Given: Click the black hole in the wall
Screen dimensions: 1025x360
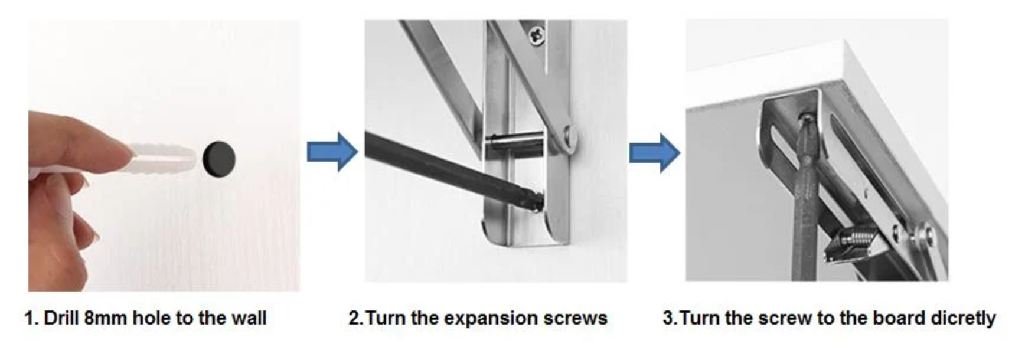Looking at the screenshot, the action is pos(218,158).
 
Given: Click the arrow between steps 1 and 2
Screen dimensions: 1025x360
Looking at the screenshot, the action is pos(332,152).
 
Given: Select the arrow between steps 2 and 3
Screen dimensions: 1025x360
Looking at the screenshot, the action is pos(654,153).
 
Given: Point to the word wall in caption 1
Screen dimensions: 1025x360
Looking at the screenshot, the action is pos(249,318).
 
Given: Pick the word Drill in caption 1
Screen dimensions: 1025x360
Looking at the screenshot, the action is pos(61,318).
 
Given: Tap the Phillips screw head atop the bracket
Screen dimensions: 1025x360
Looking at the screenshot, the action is pos(537,35).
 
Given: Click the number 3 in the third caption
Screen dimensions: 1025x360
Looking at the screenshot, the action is pos(667,318).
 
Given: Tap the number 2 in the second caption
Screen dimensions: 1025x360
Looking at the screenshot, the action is pos(354,318).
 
